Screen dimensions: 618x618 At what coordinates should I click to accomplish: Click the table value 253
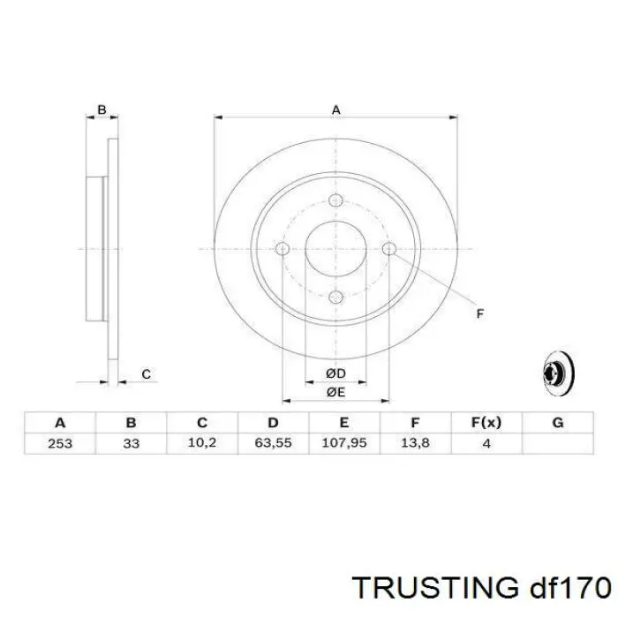(60, 443)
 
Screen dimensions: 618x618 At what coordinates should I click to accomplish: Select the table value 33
(132, 443)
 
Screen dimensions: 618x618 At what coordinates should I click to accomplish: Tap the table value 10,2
(202, 443)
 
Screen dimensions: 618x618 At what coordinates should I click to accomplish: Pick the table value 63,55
(274, 443)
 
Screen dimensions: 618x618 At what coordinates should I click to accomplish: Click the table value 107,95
(344, 443)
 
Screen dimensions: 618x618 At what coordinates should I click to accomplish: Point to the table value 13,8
(415, 443)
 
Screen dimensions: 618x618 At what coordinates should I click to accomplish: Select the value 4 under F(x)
(486, 443)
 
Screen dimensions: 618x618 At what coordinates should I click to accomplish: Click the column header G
(557, 422)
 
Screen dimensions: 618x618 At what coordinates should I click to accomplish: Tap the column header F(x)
(486, 422)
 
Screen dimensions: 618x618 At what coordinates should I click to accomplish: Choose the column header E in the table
(344, 422)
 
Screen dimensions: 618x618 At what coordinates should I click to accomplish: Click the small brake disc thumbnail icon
(555, 373)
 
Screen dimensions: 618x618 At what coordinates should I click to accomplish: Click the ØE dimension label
(335, 391)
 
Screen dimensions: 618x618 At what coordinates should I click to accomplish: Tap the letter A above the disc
(335, 109)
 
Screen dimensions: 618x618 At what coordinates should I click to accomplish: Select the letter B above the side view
(102, 110)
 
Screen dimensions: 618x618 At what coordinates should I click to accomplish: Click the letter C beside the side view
(146, 374)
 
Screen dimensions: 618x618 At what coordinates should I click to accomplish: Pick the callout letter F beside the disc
(480, 313)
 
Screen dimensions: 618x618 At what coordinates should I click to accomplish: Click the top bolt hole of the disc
(335, 200)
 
